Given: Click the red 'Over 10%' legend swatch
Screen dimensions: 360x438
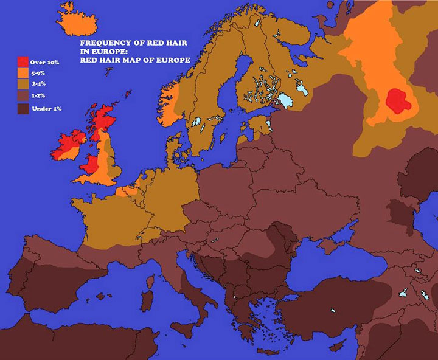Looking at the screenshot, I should [23, 61].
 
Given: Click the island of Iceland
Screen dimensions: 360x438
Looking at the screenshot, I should [78, 24].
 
